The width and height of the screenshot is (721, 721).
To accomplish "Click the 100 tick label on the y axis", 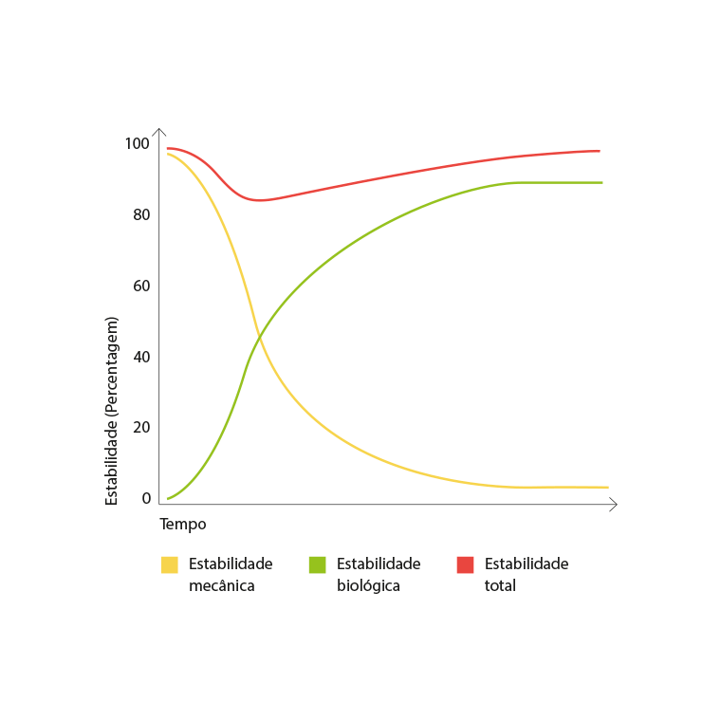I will click(x=137, y=143).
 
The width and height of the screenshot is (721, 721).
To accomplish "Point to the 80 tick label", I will click(x=141, y=214).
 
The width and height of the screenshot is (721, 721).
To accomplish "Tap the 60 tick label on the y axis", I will click(x=141, y=286).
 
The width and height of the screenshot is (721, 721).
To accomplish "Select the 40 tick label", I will click(x=141, y=357).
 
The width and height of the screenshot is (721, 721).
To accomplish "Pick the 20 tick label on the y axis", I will click(x=141, y=427).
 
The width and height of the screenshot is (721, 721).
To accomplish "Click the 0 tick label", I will click(x=146, y=498).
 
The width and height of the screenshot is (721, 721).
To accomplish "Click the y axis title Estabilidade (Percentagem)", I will click(x=112, y=410).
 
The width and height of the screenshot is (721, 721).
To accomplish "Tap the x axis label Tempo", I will click(x=183, y=524).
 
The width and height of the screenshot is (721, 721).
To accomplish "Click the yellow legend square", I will click(x=170, y=564).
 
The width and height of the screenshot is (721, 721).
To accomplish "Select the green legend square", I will click(x=318, y=564).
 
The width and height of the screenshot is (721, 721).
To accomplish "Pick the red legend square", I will click(x=465, y=564).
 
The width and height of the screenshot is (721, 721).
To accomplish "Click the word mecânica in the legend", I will click(x=222, y=585).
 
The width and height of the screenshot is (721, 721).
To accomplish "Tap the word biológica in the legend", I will click(x=368, y=585).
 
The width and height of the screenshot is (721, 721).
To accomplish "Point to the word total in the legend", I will click(x=500, y=585).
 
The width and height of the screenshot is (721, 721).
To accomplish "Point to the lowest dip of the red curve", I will click(x=260, y=200).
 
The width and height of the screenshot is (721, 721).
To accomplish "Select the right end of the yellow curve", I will click(x=607, y=487).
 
